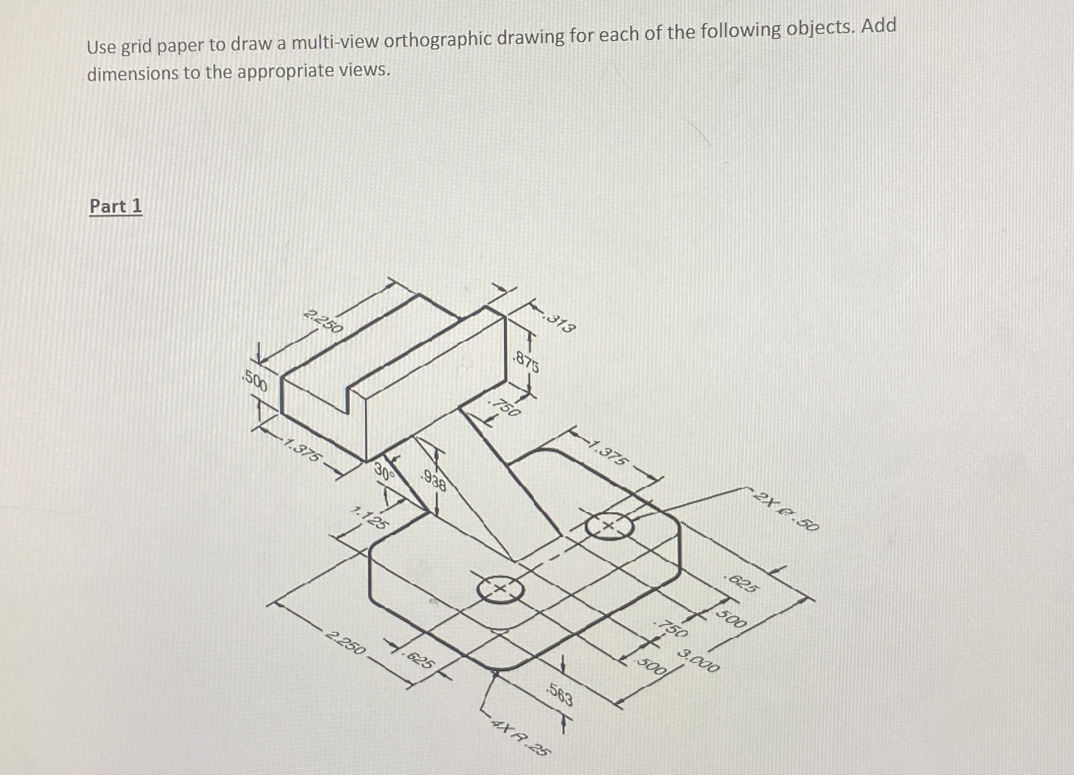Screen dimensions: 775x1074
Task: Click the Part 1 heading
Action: pos(115,207)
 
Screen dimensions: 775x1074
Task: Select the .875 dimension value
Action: pos(526,362)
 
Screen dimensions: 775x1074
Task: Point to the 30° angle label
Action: pos(384,471)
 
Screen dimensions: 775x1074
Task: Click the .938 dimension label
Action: pos(433,481)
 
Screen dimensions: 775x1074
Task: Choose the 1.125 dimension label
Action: pos(371,518)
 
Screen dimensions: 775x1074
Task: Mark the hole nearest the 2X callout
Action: pos(609,526)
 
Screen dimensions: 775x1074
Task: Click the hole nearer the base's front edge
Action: pos(501,589)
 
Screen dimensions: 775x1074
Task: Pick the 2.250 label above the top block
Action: pos(322,322)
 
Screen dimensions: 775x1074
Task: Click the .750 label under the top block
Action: pos(505,407)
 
